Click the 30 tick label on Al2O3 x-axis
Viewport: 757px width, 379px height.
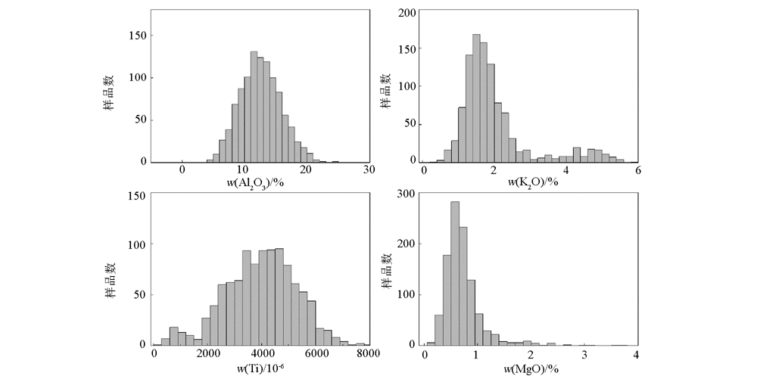coord(369,172)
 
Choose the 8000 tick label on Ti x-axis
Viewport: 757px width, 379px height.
coord(368,354)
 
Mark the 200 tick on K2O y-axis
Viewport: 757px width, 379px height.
coord(408,13)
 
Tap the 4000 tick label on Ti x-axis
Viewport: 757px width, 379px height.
coord(262,354)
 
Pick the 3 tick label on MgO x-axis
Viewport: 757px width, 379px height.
coord(584,354)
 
